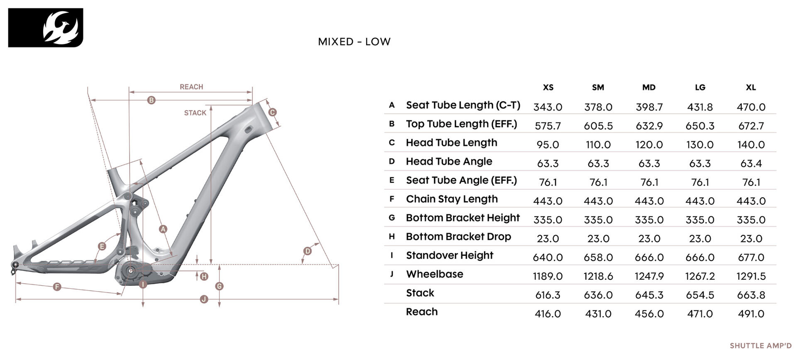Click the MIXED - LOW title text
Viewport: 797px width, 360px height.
tap(354, 42)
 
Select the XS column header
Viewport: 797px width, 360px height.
tap(548, 88)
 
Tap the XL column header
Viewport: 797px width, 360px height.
tap(751, 88)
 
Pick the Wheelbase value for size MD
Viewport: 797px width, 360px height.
tap(649, 276)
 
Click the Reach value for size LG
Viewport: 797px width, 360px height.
tap(700, 314)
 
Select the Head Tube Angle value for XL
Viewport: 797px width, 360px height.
tap(751, 164)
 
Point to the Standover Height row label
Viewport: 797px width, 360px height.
tap(450, 255)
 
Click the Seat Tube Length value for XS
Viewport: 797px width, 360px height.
tap(548, 107)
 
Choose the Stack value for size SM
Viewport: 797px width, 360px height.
tap(598, 295)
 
